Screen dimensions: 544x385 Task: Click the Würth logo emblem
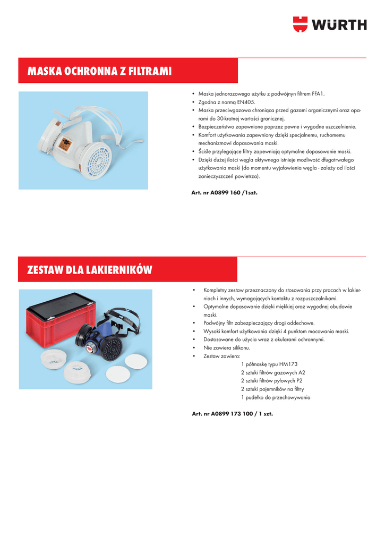tap(300, 24)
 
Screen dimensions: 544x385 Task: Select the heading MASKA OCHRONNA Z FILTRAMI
tap(99, 71)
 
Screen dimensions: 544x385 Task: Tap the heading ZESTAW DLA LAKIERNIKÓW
tap(89, 270)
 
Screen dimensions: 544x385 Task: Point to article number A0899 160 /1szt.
tap(224, 192)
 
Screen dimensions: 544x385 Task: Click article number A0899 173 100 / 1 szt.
tap(232, 413)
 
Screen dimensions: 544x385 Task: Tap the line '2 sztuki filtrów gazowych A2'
tap(273, 372)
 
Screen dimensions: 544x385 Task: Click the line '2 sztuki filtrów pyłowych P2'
tap(272, 381)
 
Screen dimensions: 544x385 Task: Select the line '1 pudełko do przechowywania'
tap(276, 397)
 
